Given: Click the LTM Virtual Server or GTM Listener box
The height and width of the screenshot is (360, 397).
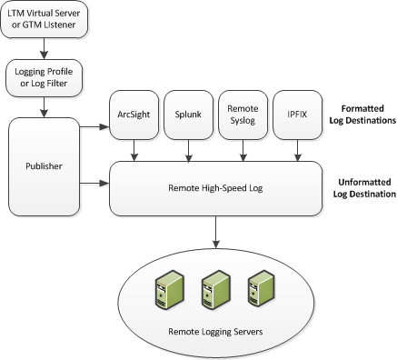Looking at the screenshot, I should coord(45,21).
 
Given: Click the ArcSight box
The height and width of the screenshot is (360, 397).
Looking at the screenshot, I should coord(134,115).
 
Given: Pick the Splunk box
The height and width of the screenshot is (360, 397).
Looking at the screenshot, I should coord(188,115).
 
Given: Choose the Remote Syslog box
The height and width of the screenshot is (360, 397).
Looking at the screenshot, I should coord(243,115).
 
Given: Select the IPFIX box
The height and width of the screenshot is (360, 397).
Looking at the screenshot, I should coord(298,115).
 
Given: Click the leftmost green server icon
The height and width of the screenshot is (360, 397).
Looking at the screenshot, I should coord(164,289).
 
